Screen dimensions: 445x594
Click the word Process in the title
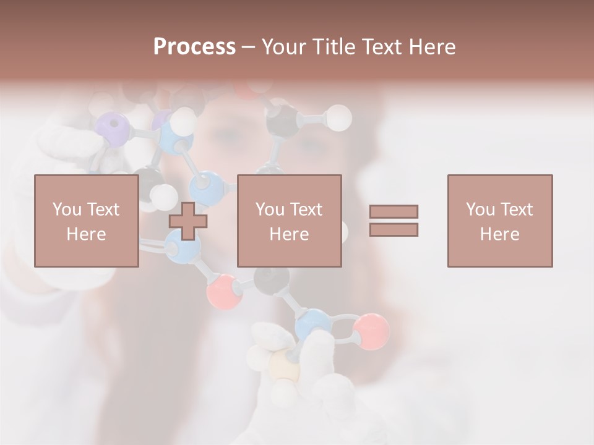coord(194,47)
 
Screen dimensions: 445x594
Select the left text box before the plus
coord(87,221)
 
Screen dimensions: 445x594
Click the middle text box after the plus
coord(289,221)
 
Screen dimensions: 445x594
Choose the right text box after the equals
coord(500,221)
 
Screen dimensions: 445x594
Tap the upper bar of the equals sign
coord(394,211)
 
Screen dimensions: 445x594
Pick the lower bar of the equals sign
coord(394,229)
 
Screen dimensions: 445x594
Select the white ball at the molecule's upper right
coord(338,117)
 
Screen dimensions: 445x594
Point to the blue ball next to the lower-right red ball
coord(312,325)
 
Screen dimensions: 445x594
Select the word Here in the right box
coord(500,234)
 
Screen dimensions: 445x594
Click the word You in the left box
coord(67,210)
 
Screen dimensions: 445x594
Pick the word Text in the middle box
coord(306,210)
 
